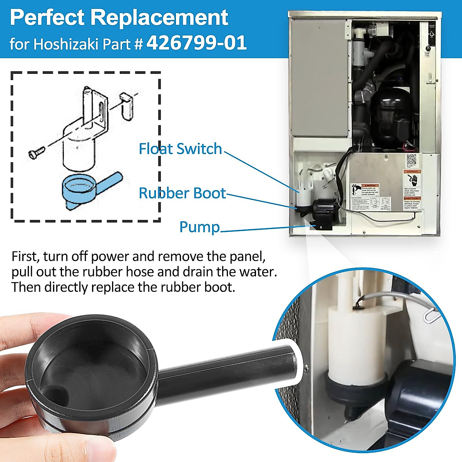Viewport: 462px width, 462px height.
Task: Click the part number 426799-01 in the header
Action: click(x=196, y=43)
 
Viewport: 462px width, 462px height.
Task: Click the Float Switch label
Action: click(x=180, y=149)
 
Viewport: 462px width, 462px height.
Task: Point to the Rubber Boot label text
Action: click(x=182, y=193)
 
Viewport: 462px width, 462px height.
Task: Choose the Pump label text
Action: click(x=199, y=227)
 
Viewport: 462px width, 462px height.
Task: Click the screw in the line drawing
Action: click(x=36, y=152)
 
